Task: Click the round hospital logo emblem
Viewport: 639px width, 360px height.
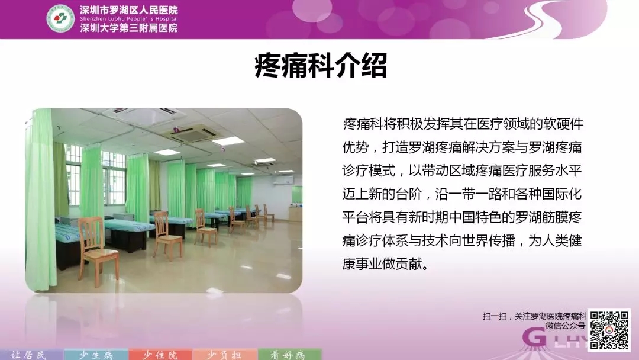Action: pos(60,18)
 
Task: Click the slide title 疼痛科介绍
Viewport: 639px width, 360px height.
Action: pos(321,65)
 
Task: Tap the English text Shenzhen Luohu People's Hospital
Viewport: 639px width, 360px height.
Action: pos(129,19)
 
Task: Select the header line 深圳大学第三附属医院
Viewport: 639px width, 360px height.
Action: pos(129,28)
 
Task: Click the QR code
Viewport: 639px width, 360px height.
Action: pos(609,330)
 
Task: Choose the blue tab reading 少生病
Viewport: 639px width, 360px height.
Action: pos(96,355)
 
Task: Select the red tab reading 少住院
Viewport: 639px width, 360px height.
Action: pos(160,355)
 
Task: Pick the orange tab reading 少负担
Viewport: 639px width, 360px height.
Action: pos(225,355)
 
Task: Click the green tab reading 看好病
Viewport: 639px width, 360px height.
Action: pos(289,355)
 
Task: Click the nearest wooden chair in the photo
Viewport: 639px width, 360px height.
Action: pos(98,249)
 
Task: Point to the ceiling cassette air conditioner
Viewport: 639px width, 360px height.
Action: pos(193,133)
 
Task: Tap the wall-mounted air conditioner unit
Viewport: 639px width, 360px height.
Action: pos(283,180)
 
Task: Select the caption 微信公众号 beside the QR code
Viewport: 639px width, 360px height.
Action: pos(565,325)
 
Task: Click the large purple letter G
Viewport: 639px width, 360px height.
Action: pos(534,337)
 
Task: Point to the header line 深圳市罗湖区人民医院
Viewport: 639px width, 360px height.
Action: pos(129,10)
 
